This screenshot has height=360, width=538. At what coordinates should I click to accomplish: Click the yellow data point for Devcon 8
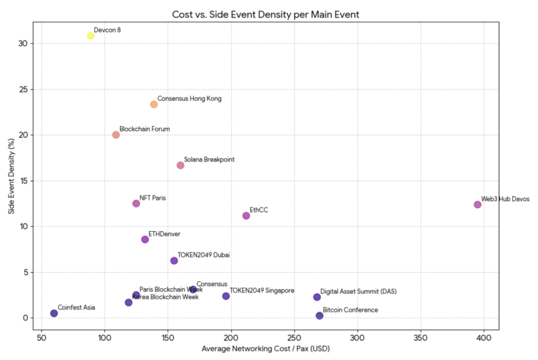90,36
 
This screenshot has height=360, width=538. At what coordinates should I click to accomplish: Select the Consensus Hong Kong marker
154,105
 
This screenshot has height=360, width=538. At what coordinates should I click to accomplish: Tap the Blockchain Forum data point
116,135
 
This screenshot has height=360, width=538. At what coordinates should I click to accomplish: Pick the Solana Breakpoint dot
180,166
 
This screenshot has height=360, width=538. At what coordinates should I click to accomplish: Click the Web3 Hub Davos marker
477,204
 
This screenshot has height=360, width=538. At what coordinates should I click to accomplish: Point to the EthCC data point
246,216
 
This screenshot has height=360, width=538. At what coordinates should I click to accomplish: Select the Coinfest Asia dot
54,313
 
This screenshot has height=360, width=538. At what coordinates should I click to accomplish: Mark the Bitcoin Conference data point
319,316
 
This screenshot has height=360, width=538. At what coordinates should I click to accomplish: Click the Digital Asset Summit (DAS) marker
317,297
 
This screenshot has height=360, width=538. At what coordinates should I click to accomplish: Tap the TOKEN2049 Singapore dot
226,296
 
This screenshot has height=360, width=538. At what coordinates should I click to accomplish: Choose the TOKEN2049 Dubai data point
174,261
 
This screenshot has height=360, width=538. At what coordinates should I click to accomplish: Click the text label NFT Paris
153,198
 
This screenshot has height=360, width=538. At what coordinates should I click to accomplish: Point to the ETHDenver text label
164,234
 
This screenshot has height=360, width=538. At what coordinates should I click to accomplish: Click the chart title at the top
266,14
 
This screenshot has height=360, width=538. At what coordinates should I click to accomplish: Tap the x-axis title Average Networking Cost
266,348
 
